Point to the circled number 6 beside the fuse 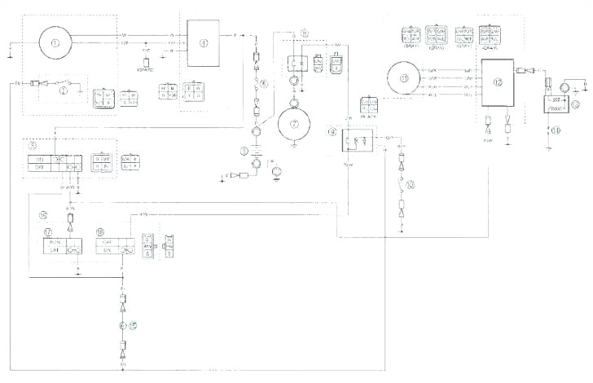tap(263, 84)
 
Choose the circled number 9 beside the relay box tap(332, 130)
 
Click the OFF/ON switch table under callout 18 tap(114, 245)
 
